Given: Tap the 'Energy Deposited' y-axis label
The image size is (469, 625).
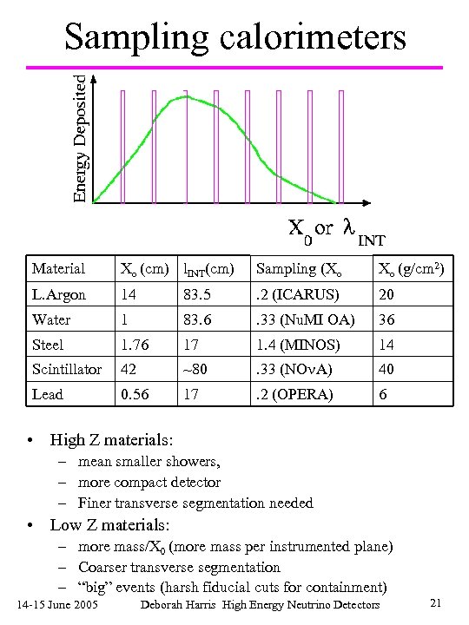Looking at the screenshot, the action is click(80, 139).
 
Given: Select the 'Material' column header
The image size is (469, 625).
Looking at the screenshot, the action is click(58, 269).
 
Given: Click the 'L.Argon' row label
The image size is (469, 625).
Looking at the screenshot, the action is click(59, 294).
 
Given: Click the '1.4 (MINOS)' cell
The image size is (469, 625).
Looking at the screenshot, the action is click(295, 345).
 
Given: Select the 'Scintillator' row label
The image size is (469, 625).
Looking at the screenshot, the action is click(68, 370).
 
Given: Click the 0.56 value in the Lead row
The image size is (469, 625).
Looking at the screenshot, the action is click(135, 394).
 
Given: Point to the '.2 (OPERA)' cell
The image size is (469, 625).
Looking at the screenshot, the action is click(293, 394).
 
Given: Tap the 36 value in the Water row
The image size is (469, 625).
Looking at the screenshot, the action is click(386, 319).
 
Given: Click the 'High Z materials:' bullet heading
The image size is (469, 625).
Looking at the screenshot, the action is click(111, 440).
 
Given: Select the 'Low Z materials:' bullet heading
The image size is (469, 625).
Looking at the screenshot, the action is click(109, 525).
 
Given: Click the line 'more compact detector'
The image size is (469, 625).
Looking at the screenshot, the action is click(149, 482).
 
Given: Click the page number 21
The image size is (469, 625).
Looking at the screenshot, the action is click(437, 602).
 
